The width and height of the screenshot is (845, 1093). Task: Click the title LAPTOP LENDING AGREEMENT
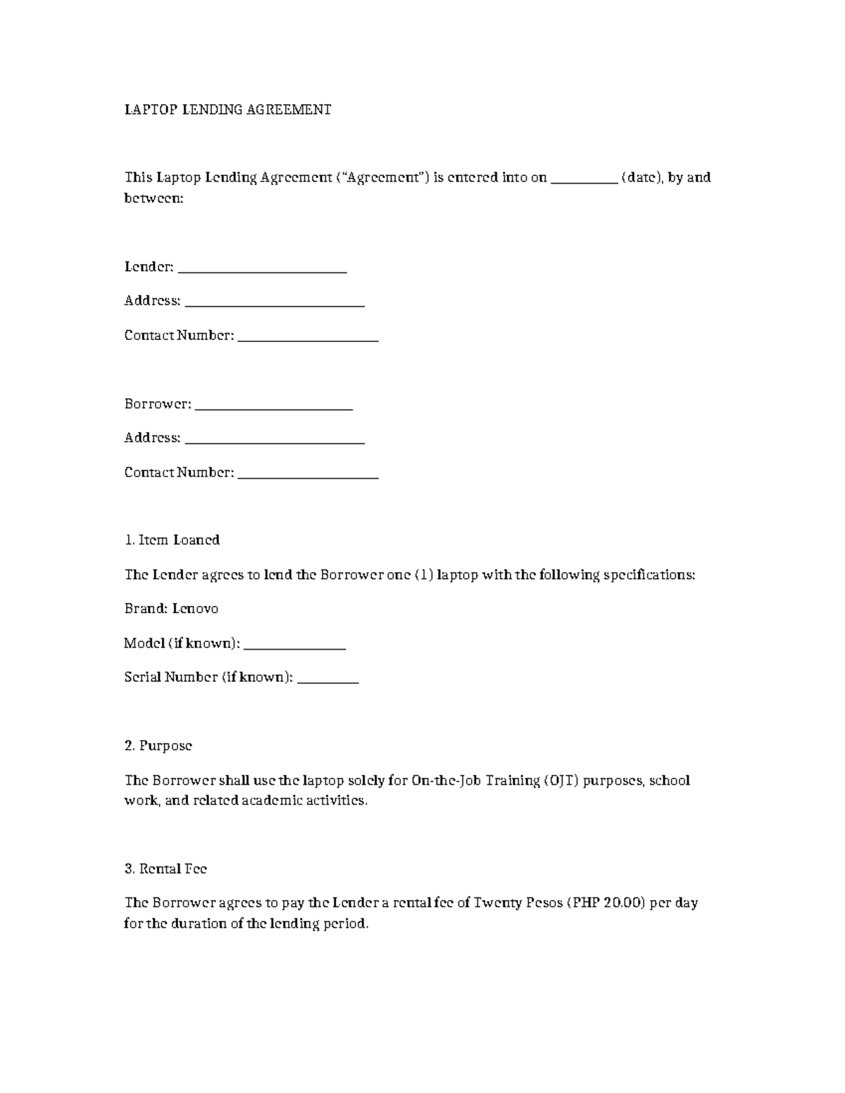[227, 110]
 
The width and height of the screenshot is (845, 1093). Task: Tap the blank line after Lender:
[263, 270]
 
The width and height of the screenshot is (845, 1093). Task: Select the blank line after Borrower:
[273, 407]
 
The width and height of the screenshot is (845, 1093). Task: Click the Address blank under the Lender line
[274, 303]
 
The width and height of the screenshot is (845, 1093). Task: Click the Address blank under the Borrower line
[274, 441]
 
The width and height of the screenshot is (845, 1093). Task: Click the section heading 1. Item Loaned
[172, 540]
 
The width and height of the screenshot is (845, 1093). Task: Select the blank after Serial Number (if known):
[328, 680]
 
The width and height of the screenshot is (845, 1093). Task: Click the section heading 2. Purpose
[158, 745]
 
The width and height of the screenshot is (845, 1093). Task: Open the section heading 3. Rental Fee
[165, 868]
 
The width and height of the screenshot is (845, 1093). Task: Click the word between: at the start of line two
[154, 198]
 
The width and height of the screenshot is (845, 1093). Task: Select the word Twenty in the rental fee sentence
[498, 903]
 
